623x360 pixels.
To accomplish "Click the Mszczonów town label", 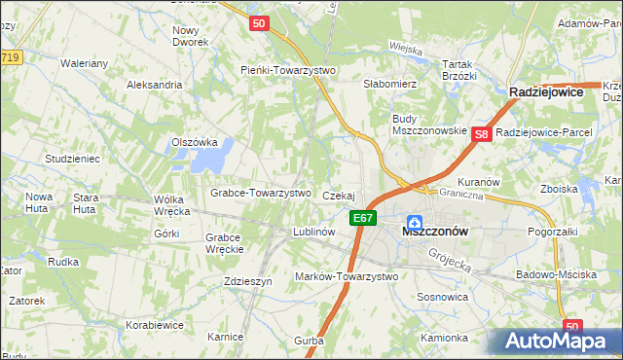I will tap(435, 233).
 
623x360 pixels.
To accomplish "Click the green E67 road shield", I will tap(363, 218).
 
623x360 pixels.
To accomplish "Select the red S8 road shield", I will tap(481, 135).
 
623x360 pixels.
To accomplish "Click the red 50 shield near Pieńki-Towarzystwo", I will tap(258, 23).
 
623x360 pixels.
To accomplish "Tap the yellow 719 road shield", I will tap(10, 58).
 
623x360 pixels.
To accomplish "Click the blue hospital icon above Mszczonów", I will tap(415, 221).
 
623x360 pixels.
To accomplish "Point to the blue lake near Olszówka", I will tap(222, 152).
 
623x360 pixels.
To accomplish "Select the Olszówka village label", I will tap(194, 141).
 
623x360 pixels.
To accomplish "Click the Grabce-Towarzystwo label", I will tap(260, 193).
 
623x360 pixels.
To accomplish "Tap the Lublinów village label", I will tap(314, 233).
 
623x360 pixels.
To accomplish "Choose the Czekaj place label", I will tap(338, 196).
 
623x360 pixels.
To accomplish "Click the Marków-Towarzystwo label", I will tap(347, 276).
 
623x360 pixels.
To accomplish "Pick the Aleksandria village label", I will tap(154, 85).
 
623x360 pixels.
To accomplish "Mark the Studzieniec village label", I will tap(72, 157).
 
